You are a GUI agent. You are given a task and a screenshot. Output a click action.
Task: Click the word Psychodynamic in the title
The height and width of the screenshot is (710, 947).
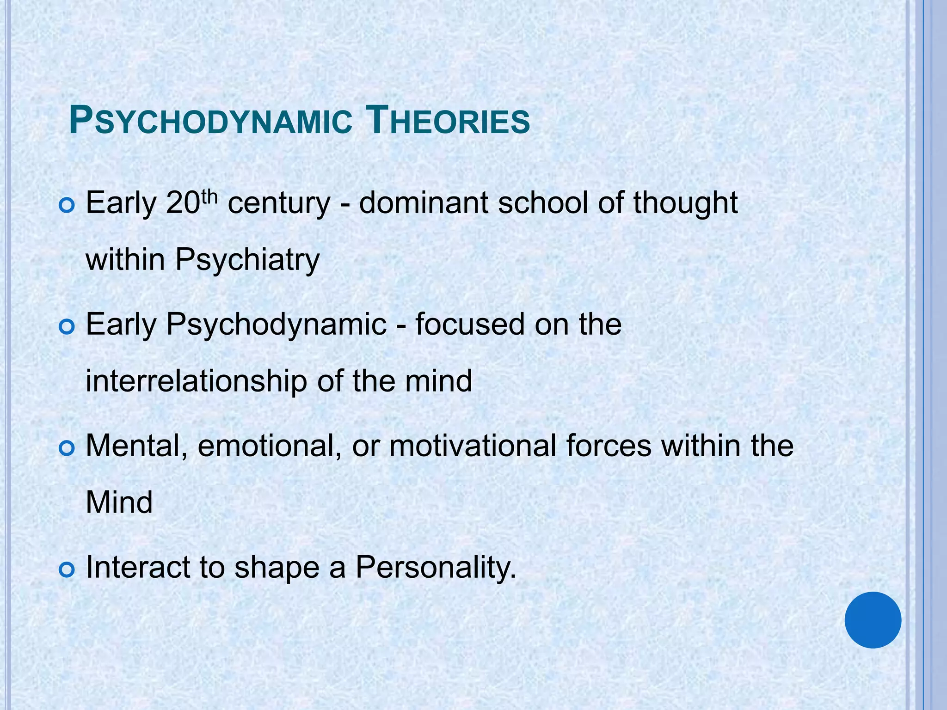coord(210,122)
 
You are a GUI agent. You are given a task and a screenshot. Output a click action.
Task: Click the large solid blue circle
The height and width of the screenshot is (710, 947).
coord(873,620)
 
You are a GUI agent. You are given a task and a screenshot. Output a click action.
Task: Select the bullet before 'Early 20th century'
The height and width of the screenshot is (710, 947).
coord(67,206)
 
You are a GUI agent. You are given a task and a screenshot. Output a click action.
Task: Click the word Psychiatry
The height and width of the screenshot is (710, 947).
coord(247,260)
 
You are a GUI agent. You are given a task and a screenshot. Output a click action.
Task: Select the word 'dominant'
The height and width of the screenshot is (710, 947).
coord(423,203)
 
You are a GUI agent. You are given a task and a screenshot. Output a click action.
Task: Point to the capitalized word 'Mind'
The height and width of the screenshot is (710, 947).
coord(119,503)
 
